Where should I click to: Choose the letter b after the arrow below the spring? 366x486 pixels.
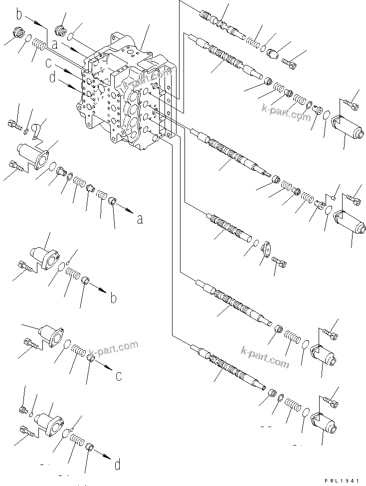point(114,299)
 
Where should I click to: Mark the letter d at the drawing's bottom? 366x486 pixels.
point(117,466)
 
